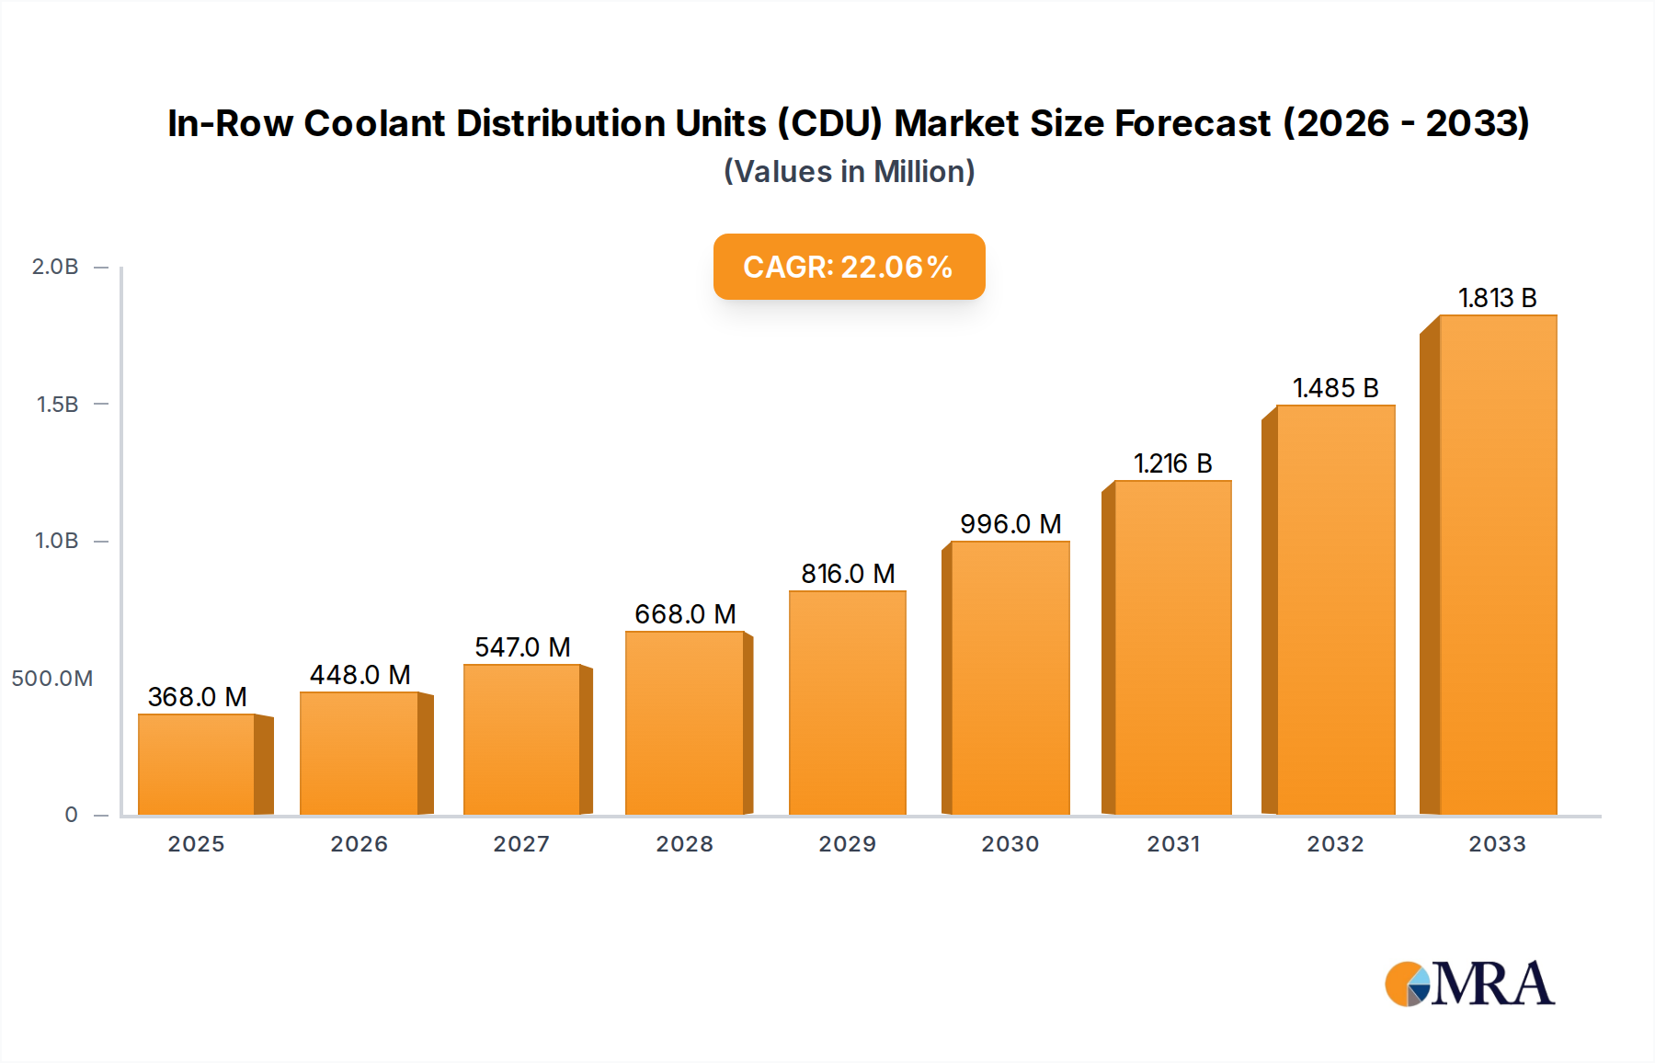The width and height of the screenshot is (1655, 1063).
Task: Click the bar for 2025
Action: [x=196, y=764]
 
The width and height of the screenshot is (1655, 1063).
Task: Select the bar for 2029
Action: [x=847, y=703]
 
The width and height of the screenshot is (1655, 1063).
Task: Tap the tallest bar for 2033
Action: [x=1497, y=565]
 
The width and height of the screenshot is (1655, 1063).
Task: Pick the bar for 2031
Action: [x=1172, y=647]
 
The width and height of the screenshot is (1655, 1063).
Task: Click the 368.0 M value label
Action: [x=197, y=697]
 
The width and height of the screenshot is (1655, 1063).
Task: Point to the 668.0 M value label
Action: [x=685, y=614]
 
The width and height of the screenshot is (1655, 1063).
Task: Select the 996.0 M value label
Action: [x=1010, y=524]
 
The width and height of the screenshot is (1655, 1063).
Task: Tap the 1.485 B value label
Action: [x=1335, y=388]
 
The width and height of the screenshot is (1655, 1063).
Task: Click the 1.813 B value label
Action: [x=1497, y=298]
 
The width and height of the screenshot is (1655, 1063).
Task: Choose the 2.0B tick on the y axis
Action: [x=55, y=267]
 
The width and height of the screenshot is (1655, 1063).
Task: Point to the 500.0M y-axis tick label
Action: [x=52, y=679]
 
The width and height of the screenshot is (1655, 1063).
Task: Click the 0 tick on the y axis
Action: [x=71, y=815]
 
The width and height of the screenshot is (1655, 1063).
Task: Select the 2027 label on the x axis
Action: [x=521, y=844]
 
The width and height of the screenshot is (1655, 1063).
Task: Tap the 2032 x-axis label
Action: [x=1335, y=844]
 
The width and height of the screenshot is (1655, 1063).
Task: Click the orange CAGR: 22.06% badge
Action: [x=849, y=267]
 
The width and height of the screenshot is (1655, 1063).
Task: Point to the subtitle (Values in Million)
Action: [x=849, y=172]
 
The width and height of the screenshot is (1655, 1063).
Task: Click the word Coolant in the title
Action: [x=374, y=123]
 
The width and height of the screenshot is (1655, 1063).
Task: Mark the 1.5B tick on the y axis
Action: [x=57, y=405]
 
